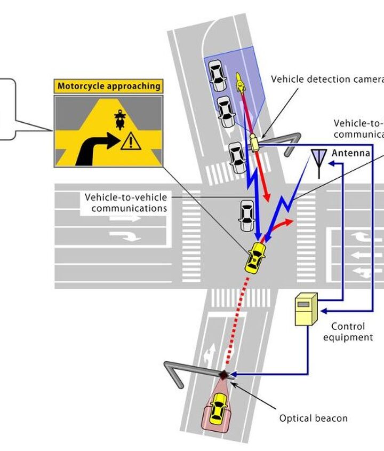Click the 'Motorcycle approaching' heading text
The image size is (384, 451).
108,86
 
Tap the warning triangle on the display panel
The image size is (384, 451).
127,141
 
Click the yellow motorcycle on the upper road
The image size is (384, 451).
239,81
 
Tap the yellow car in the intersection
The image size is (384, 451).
255,256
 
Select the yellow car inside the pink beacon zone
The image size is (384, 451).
217,409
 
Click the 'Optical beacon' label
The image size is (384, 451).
313,418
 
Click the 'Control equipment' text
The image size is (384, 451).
348,331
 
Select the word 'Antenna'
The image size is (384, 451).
350,154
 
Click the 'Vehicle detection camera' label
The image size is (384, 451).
327,80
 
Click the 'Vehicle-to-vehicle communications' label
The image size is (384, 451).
126,202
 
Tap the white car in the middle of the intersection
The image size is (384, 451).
246,215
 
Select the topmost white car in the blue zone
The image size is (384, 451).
216,75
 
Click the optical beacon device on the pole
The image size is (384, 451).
223,375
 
